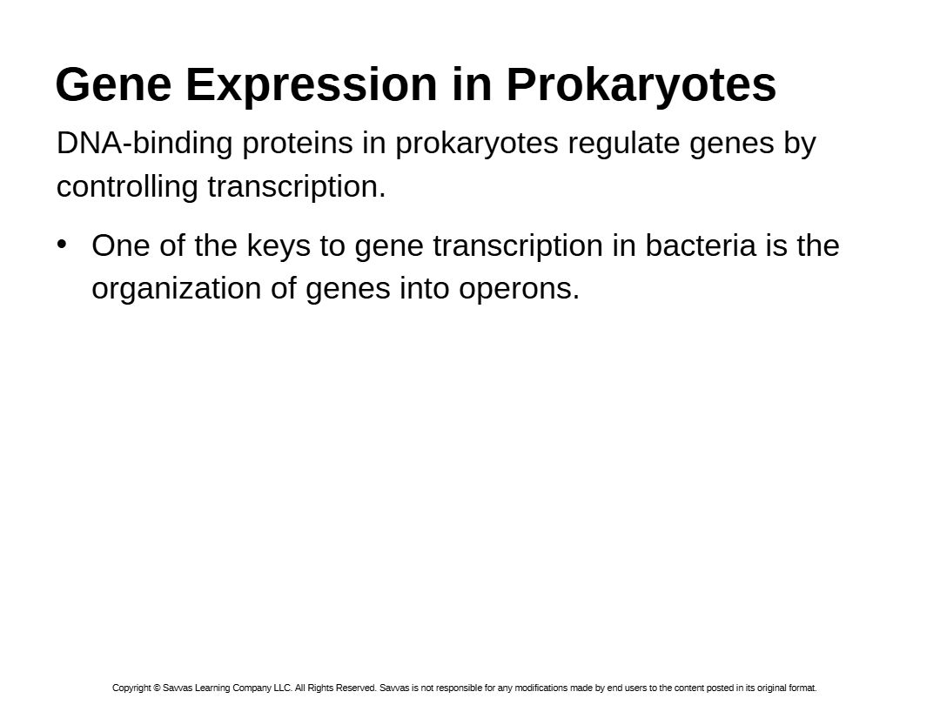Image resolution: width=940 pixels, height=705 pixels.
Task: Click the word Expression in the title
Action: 312,85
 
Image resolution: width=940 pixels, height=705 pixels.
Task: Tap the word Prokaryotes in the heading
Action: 641,85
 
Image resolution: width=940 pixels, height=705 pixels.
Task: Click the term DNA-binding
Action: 144,143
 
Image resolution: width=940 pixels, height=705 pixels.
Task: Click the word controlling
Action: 127,186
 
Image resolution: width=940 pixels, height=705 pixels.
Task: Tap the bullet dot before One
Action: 62,244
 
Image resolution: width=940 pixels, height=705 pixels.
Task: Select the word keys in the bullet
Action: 279,246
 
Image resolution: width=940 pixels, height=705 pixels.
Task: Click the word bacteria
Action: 700,245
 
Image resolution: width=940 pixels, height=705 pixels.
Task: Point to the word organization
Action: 176,289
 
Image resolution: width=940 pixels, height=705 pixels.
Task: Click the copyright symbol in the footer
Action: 157,688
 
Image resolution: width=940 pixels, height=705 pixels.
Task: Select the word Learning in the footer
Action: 212,688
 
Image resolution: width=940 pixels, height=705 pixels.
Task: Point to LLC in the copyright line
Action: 282,688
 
